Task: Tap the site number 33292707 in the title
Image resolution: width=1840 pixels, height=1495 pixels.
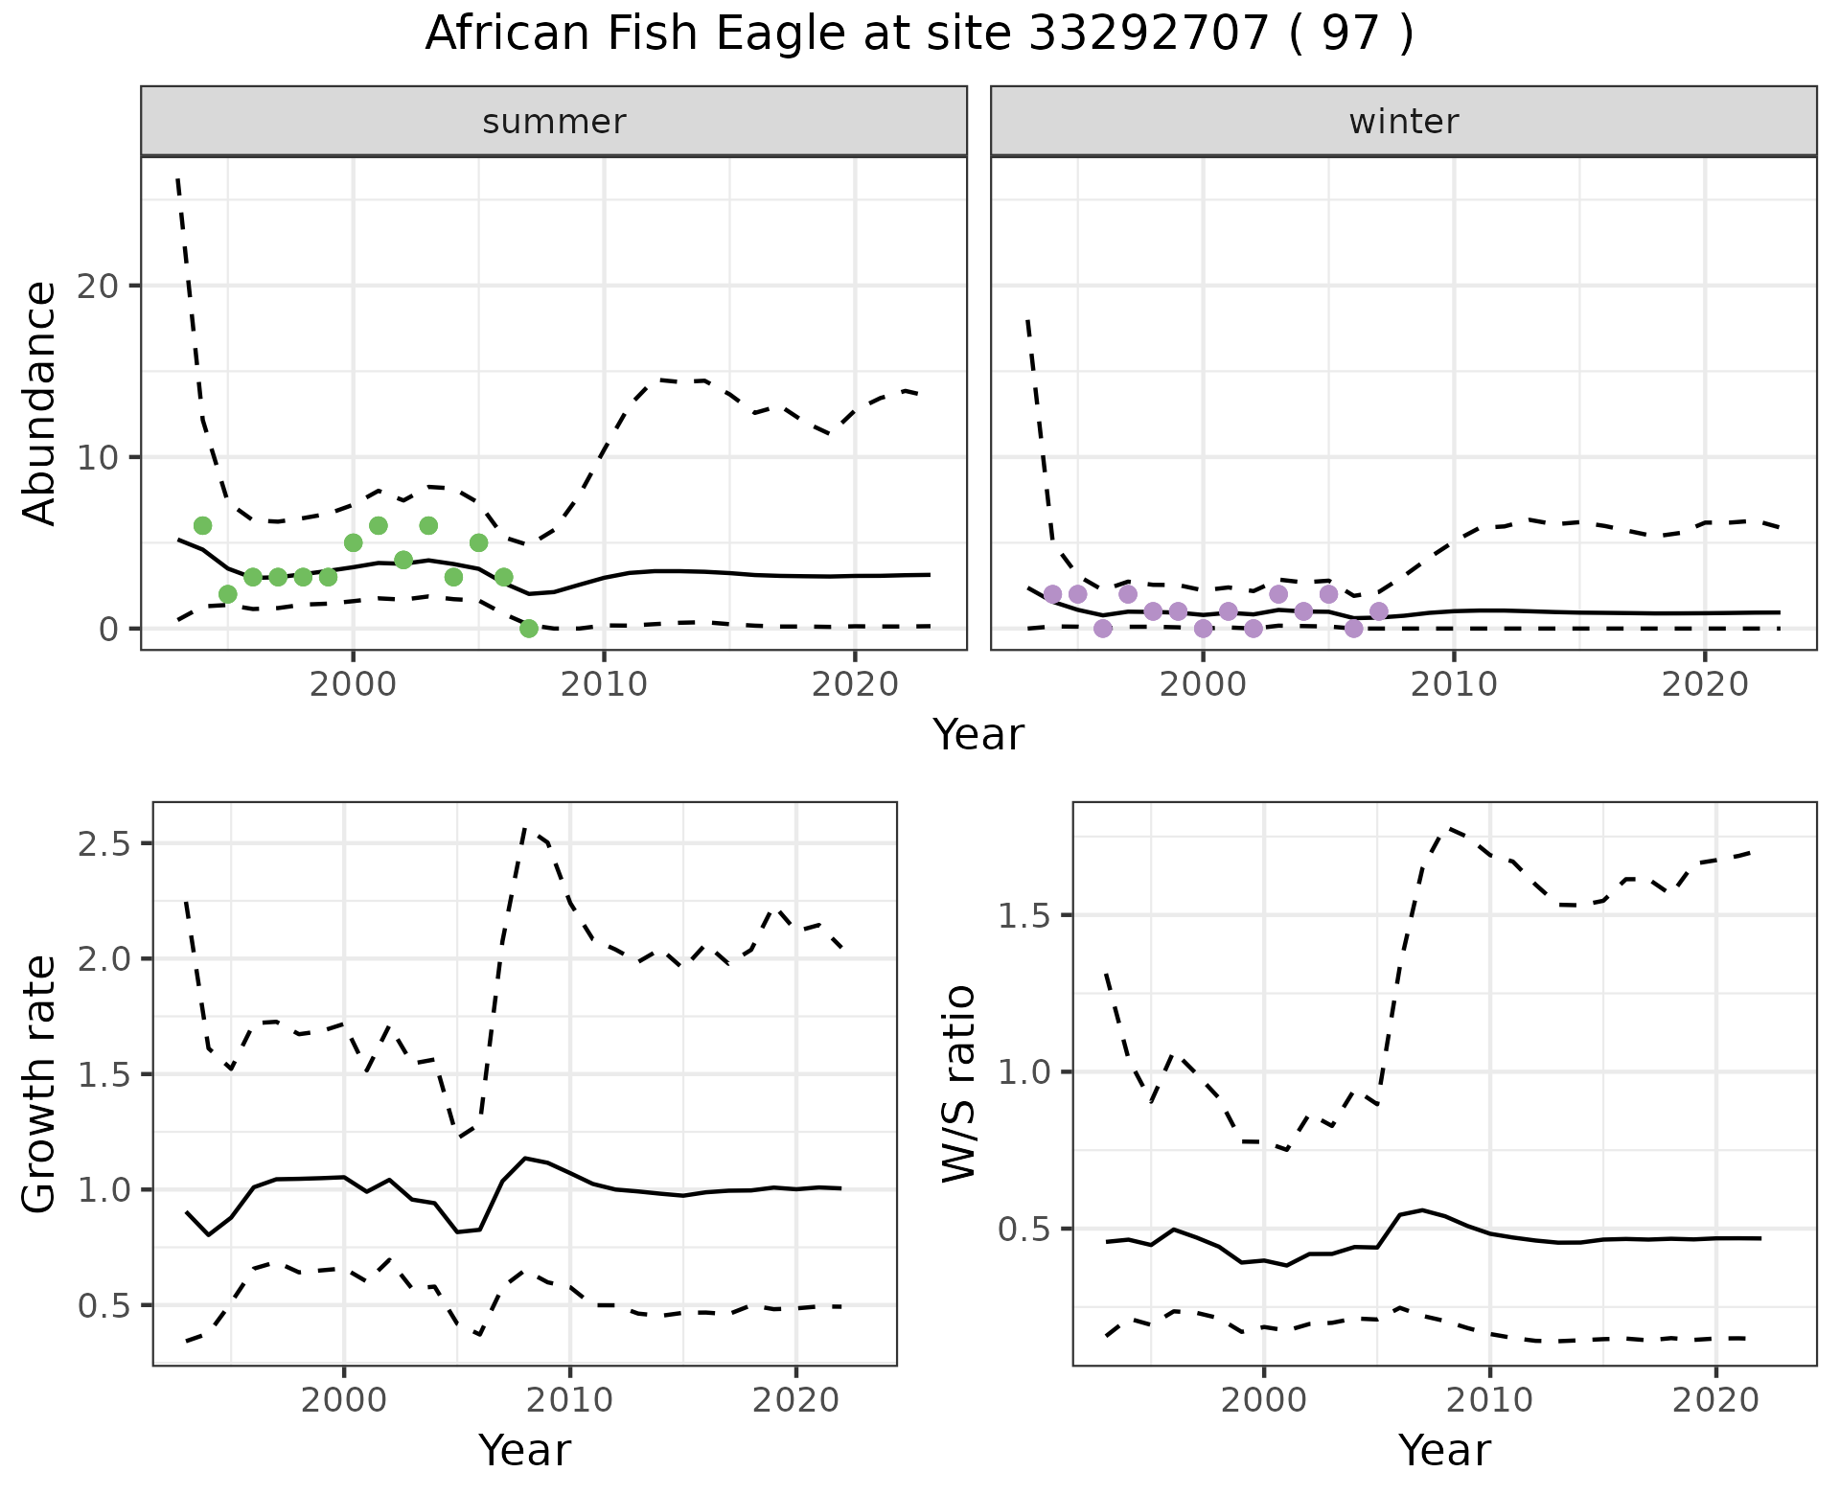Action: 1150,34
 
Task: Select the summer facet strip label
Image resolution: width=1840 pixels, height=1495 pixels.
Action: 554,122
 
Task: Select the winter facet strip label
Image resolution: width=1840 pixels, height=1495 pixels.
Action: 1403,122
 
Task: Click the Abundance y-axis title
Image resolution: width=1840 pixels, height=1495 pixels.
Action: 40,402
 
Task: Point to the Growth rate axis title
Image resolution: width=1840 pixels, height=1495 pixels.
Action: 40,1084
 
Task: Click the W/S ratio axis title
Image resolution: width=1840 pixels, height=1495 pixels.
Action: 959,1084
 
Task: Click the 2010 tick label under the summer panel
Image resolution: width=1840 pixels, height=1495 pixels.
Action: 604,685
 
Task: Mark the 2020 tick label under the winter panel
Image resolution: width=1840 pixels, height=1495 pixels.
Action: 1704,685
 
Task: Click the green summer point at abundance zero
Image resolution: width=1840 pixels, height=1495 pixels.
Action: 528,629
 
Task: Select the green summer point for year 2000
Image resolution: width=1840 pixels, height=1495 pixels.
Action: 353,542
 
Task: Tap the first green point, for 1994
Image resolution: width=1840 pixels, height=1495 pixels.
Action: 202,525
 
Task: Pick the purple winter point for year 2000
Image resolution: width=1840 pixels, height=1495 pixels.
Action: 1203,629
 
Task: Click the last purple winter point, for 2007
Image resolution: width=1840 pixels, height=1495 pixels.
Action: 1378,611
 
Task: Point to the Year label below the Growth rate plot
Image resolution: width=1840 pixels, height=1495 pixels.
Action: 524,1450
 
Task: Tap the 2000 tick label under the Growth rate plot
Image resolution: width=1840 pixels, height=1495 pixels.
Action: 344,1400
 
